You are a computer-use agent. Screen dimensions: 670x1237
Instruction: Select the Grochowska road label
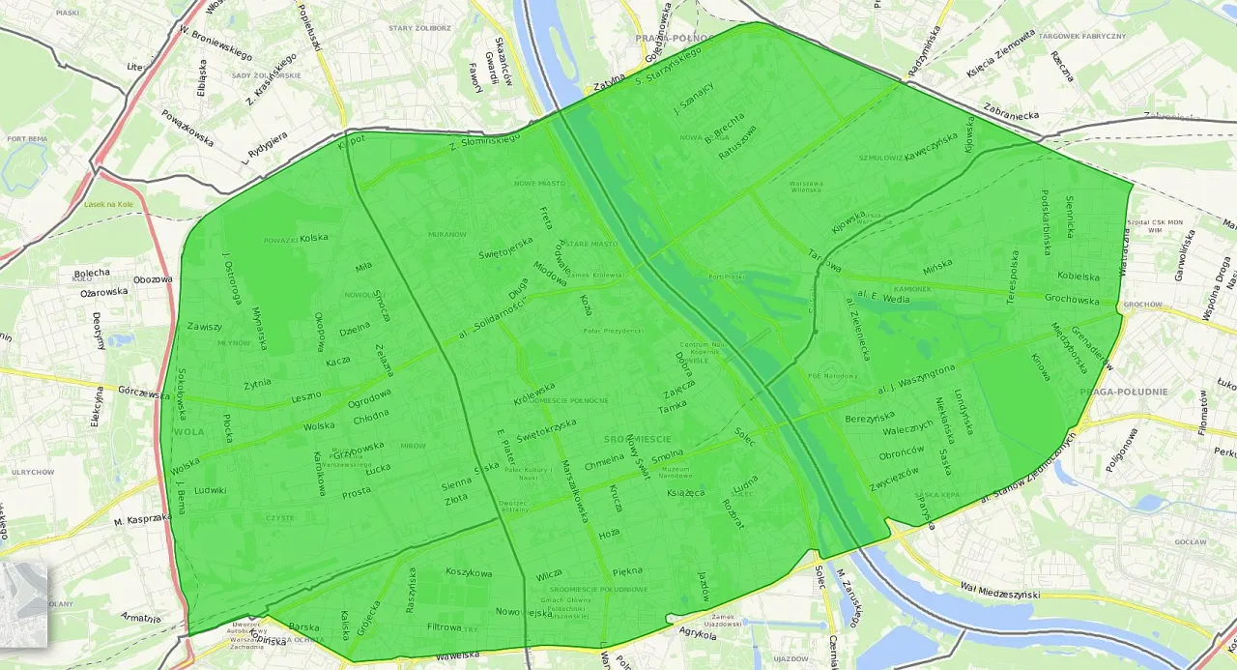click(x=1072, y=299)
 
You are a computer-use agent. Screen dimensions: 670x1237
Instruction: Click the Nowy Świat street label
click(x=635, y=451)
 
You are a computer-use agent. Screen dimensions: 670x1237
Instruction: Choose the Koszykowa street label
click(x=469, y=571)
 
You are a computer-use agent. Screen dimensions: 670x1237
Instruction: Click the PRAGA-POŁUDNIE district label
click(x=1120, y=392)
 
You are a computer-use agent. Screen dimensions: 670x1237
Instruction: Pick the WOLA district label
click(x=188, y=431)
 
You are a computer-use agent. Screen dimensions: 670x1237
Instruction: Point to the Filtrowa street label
click(x=445, y=626)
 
